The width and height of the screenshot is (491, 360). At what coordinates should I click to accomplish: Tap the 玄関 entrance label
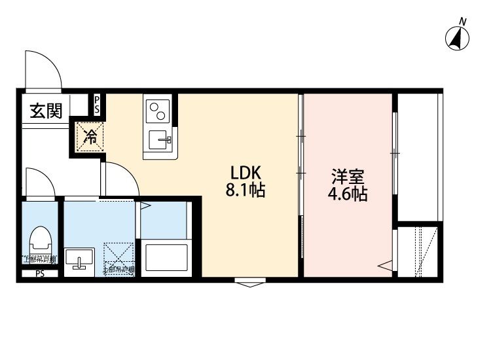pos(45,111)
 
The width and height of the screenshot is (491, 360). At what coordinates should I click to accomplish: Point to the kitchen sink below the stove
pos(159,139)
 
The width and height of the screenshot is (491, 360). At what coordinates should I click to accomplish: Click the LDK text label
pos(245,173)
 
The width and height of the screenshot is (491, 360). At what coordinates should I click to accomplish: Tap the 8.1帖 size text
pos(245,192)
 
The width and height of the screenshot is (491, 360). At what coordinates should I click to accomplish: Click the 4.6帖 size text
pos(348,194)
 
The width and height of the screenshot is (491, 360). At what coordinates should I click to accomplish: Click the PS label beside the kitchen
pos(97,105)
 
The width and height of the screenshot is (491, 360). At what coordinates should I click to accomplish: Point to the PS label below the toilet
pos(39,274)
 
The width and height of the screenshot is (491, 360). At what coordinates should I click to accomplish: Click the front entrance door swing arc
pos(42,68)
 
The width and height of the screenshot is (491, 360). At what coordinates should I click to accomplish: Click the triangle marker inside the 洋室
pos(386,266)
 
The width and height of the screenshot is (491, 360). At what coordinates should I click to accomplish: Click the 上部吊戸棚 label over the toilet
pos(40,259)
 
